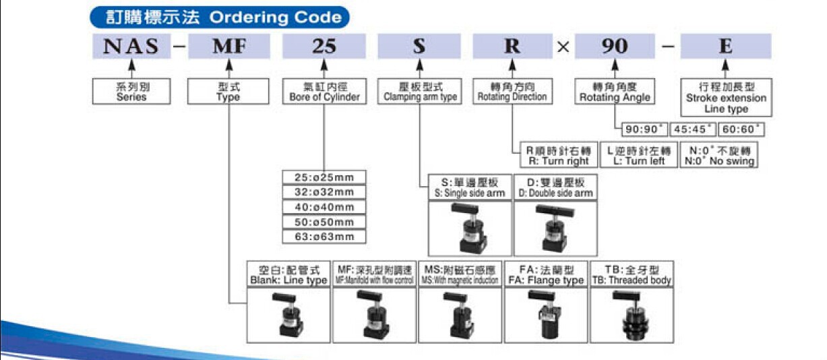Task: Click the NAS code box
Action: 131,47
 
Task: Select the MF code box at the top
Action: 228,47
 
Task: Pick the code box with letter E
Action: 725,47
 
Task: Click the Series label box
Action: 131,92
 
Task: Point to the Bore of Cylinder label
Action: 324,92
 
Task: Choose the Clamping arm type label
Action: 420,92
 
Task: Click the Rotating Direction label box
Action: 512,92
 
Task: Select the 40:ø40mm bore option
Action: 324,207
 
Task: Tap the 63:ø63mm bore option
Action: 324,237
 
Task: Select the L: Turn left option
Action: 636,156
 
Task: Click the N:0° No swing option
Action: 719,156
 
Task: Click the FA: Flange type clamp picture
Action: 546,313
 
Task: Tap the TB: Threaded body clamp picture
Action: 632,313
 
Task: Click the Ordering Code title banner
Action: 220,16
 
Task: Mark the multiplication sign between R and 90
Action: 563,47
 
